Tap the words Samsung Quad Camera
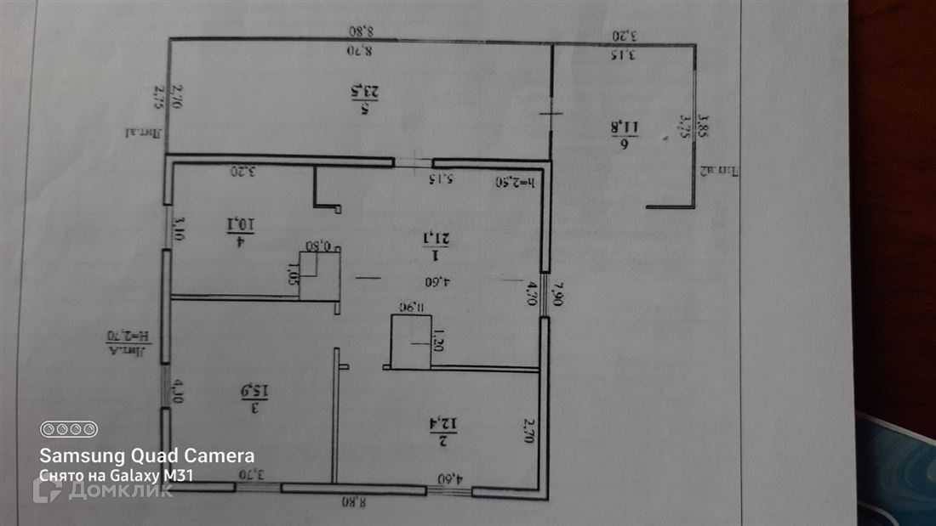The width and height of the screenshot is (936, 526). click(147, 455)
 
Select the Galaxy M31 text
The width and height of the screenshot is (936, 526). click(157, 476)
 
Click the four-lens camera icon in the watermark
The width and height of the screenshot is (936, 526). click(69, 429)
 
